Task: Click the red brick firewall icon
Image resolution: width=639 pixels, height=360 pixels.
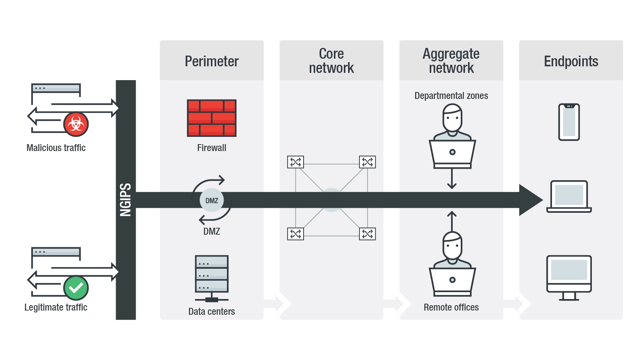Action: coord(212,118)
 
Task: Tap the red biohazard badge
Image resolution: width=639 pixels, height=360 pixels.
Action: coord(76,124)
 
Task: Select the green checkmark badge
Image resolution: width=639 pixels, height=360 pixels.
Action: coord(76,288)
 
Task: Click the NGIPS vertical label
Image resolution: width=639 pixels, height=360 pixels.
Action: coord(126,200)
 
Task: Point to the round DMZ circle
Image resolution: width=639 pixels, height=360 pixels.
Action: coord(212,200)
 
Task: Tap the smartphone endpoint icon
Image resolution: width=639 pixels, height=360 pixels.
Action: coord(569,122)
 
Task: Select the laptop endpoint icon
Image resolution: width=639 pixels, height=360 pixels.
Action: coord(569,196)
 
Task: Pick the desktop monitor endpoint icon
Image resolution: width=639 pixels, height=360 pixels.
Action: coord(569,277)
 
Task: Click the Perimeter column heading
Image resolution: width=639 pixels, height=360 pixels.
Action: coord(212,61)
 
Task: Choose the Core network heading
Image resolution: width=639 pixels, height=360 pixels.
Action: coord(331,61)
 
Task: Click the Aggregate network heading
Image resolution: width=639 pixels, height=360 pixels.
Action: coord(451,61)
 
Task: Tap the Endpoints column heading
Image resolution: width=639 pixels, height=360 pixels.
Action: coord(571,61)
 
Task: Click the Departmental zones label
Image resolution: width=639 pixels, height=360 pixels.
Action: coord(451,96)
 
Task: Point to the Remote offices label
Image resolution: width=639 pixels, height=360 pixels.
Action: coord(451,307)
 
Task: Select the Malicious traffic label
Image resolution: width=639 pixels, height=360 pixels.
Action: coord(56,148)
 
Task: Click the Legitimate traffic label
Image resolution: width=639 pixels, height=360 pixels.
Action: coord(56,307)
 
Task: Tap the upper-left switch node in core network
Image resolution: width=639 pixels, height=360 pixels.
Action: coord(296,162)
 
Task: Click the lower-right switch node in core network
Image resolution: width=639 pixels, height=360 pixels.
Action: coord(367,234)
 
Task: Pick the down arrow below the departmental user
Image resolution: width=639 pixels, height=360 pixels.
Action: coord(452,179)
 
